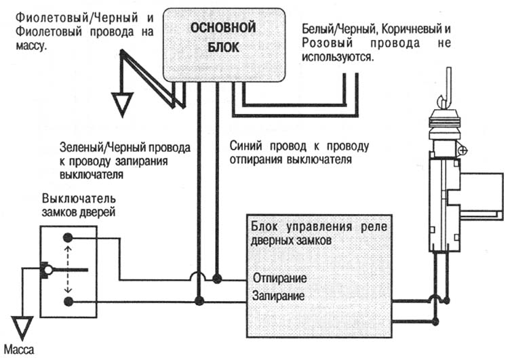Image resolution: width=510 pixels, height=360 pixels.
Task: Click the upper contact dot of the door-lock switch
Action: [68, 238]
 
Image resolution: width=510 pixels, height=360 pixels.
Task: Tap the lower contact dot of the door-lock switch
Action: [68, 300]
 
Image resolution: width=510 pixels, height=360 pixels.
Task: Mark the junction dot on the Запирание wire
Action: [199, 300]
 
